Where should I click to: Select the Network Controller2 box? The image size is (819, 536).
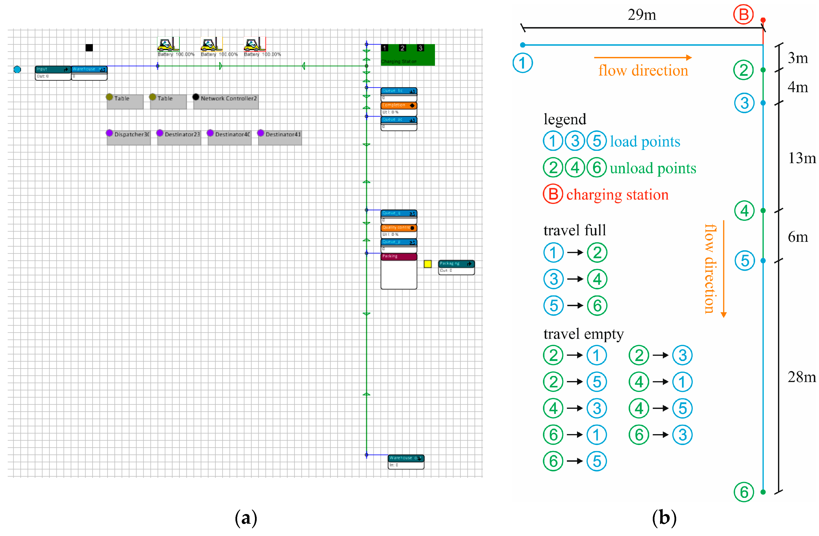click(x=226, y=102)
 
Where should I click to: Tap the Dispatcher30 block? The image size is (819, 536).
click(x=128, y=137)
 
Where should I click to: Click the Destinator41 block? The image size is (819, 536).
click(x=280, y=137)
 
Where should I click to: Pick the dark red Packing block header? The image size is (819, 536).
click(x=399, y=257)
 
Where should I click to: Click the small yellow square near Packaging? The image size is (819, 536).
click(x=427, y=264)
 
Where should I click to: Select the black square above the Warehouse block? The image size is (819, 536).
click(x=89, y=48)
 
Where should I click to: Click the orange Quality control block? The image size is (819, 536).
click(x=399, y=228)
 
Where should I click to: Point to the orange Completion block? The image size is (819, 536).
click(x=399, y=105)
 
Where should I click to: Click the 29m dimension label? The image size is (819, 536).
click(x=641, y=15)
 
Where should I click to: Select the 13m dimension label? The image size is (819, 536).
click(x=801, y=158)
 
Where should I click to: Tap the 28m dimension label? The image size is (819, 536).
click(x=801, y=377)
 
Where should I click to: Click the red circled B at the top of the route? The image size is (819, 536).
click(x=743, y=15)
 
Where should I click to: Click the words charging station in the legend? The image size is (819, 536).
click(x=617, y=195)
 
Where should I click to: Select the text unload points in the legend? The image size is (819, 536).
click(x=653, y=168)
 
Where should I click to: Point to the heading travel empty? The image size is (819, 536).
click(x=583, y=334)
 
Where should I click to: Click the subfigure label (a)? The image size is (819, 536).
click(x=246, y=518)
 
